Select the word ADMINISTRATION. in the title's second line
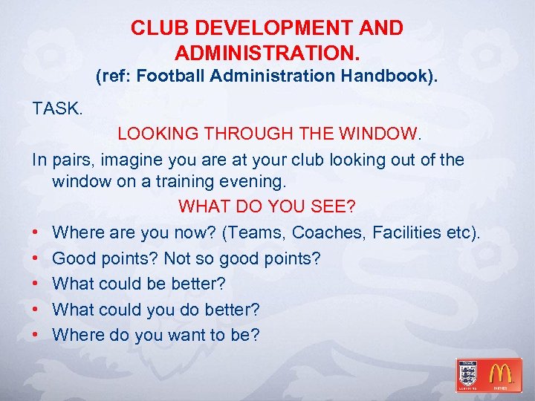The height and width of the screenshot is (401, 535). [x=267, y=53]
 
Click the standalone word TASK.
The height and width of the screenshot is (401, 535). [x=56, y=108]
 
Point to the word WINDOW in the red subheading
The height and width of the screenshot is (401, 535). [x=378, y=134]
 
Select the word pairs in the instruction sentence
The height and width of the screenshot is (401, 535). [x=71, y=160]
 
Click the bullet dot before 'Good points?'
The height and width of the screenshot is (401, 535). [x=37, y=259]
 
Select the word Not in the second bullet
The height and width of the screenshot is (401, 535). [x=179, y=259]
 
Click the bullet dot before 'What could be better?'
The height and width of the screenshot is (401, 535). [x=37, y=284]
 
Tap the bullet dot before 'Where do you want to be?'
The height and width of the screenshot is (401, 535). [x=37, y=335]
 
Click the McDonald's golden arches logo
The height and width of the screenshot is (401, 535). [x=500, y=374]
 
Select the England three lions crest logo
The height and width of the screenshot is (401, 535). [x=469, y=374]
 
